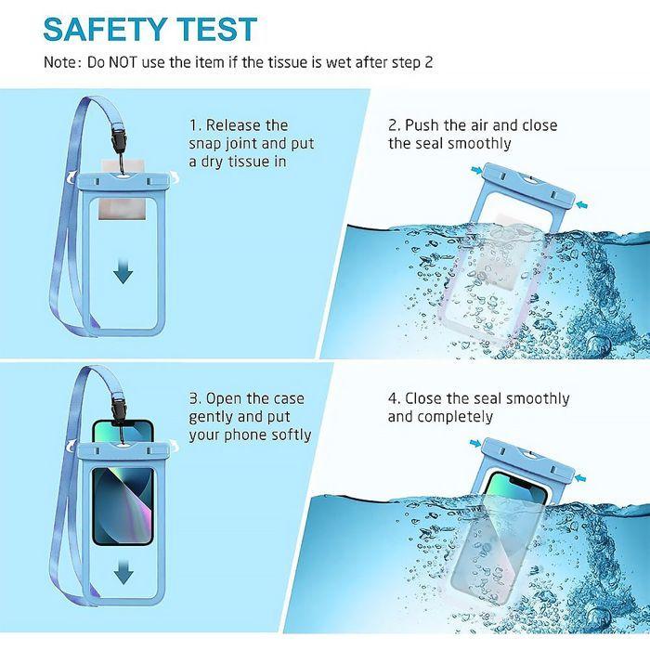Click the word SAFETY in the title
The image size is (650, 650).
[105, 30]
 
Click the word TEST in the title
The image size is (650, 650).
[216, 30]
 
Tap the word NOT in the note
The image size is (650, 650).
[123, 62]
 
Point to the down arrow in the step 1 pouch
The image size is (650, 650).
[123, 271]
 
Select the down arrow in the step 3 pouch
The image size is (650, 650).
[123, 572]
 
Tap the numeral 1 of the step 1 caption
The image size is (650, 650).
[193, 125]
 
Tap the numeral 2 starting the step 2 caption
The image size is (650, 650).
[393, 124]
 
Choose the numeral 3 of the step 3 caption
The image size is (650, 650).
[193, 398]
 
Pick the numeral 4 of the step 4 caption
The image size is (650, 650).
[393, 398]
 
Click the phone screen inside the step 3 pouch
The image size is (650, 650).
[123, 506]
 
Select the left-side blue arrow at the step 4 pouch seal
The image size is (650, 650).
[475, 444]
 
